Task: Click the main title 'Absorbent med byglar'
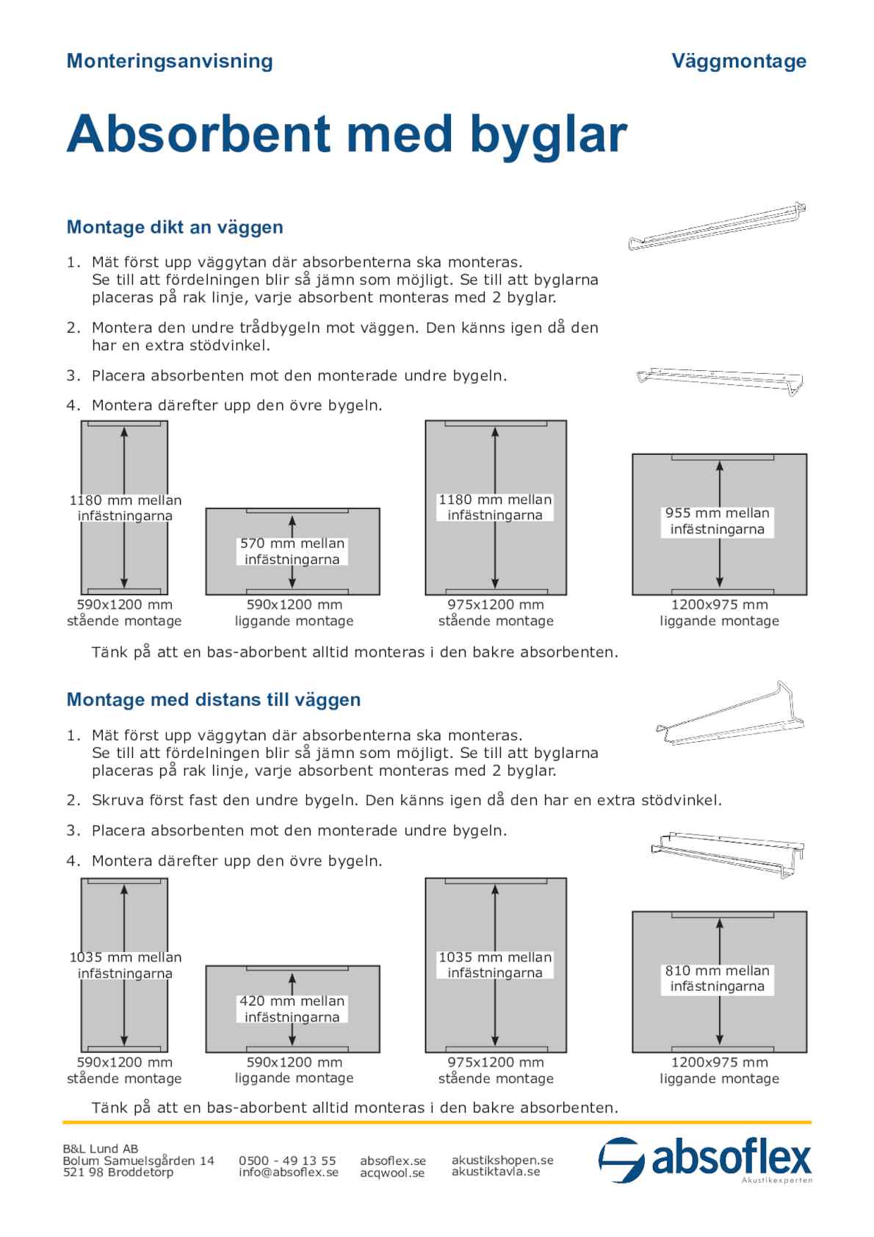click(x=347, y=134)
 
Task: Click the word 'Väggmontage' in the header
click(x=738, y=61)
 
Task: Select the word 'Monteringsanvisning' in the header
click(x=170, y=61)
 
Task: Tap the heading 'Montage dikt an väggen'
click(x=175, y=227)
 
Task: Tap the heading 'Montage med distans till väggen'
click(x=214, y=699)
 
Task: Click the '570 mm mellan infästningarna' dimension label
click(x=292, y=551)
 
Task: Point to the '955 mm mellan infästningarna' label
click(x=718, y=521)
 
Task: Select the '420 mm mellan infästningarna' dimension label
click(x=292, y=1009)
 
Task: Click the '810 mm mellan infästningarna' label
click(x=718, y=978)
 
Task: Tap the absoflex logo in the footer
click(x=705, y=1160)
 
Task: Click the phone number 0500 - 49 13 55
click(x=287, y=1161)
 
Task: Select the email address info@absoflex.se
click(x=289, y=1172)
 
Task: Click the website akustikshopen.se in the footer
click(x=502, y=1160)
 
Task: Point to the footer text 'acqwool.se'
click(x=392, y=1173)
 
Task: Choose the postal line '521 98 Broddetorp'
click(x=118, y=1172)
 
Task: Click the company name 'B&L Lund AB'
click(x=101, y=1149)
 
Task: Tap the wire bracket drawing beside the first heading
click(x=717, y=226)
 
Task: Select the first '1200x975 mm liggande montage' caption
click(x=719, y=613)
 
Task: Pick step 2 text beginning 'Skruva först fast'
click(x=407, y=800)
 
